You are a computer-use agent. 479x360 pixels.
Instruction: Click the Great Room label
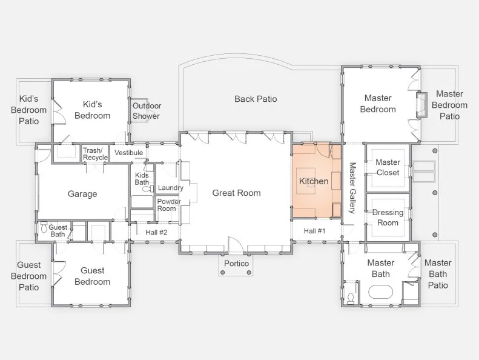click(x=236, y=193)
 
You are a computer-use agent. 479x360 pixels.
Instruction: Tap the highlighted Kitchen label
click(x=314, y=181)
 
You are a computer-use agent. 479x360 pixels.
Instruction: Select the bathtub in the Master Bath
click(x=380, y=292)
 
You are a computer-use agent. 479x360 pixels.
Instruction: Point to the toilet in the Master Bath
click(x=351, y=298)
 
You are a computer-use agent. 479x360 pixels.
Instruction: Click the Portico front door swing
click(x=236, y=244)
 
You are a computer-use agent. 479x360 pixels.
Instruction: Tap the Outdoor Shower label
click(x=147, y=111)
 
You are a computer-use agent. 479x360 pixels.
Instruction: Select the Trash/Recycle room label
click(x=95, y=154)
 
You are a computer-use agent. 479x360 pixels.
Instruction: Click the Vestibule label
click(x=128, y=153)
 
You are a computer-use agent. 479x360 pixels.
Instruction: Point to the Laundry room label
click(x=170, y=187)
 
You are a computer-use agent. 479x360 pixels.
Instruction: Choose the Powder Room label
click(x=169, y=205)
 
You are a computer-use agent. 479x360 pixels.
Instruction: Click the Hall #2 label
click(x=156, y=233)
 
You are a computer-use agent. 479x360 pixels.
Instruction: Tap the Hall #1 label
click(x=315, y=231)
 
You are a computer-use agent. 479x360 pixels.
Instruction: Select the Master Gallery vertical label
click(x=352, y=188)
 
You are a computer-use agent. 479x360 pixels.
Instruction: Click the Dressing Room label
click(x=388, y=218)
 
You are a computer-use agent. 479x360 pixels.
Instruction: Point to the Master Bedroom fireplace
click(x=422, y=105)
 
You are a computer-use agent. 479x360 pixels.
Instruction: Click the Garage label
click(x=82, y=193)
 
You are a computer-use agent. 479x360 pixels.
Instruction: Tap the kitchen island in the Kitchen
click(x=306, y=181)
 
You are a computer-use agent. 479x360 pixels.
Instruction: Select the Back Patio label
click(x=256, y=99)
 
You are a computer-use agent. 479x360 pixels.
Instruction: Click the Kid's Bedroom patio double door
click(x=59, y=112)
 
